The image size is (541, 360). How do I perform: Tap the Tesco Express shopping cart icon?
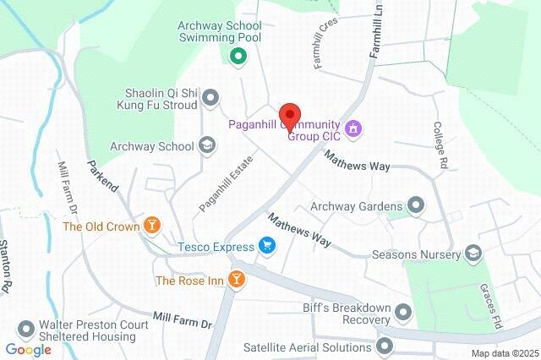(267, 247)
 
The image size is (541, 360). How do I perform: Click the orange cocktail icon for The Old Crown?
(151, 226)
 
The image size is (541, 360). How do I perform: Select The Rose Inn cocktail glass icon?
(238, 279)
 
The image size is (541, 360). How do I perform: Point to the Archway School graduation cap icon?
(207, 146)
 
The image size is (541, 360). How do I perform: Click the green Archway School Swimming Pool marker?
(238, 57)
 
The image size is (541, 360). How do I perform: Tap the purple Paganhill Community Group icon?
(354, 128)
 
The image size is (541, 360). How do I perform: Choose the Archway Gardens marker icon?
(416, 205)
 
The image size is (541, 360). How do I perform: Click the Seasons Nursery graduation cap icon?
(473, 253)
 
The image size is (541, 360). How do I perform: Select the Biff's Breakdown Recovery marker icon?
(403, 314)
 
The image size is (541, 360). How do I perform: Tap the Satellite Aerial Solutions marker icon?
(385, 345)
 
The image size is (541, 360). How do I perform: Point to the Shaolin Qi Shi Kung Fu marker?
(210, 97)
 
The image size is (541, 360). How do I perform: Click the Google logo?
(28, 349)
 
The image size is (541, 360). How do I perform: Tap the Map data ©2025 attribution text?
(504, 352)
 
